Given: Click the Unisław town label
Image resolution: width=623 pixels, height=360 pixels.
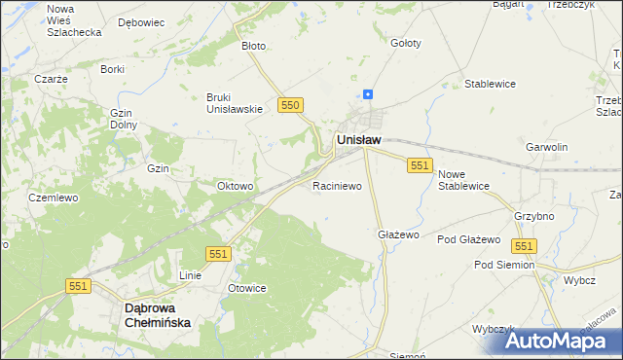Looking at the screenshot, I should point(358,140).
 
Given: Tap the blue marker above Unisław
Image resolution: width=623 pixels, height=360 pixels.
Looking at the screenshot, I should point(368,94).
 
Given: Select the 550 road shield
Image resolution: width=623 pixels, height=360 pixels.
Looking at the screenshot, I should point(289,104).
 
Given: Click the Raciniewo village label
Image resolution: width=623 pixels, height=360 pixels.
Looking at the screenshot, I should point(337,185).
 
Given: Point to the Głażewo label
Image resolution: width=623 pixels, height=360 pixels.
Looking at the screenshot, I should point(397,234).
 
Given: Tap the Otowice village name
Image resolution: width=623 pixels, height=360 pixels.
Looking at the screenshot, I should point(246,288).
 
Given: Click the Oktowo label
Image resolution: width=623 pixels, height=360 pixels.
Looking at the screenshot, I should point(236,186).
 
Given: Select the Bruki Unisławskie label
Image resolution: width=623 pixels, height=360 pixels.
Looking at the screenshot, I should point(235,102).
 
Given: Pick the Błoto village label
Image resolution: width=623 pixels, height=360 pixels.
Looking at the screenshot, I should point(253,45).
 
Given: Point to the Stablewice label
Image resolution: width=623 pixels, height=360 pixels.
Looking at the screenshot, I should point(490,84).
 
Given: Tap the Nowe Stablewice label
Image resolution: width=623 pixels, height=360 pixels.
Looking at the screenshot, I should point(463,179).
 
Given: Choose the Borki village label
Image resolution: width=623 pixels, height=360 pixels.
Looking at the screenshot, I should point(112,69).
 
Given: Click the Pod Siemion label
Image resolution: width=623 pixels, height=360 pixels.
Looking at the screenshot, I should point(504,265).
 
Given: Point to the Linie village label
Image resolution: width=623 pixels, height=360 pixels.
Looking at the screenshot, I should point(190,275).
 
